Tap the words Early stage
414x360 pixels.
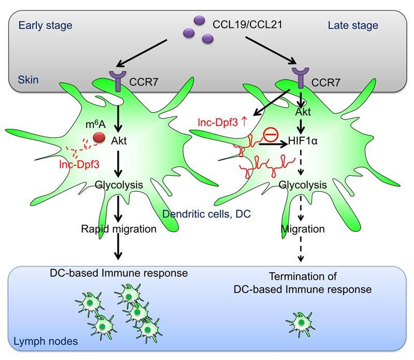pos(45,25)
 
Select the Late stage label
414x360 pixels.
pos(353,25)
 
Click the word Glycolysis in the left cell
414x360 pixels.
pos(119,185)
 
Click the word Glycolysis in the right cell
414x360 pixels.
pos(303,185)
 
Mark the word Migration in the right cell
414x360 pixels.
pos(303,228)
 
